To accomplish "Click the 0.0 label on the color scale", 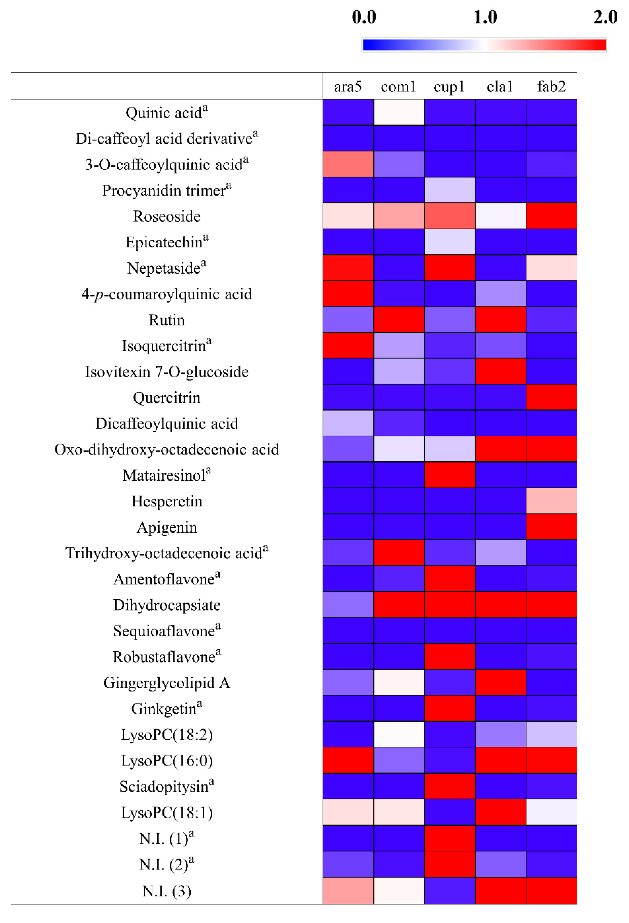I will tap(364, 17).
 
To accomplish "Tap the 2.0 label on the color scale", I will tap(605, 17).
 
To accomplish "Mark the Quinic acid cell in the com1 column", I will tap(398, 112).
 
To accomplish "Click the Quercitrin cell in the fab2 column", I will tap(551, 397).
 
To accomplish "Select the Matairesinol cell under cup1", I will tap(449, 475).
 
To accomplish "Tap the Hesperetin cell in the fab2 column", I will tap(551, 501).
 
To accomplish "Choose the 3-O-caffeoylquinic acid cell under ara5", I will tap(348, 164).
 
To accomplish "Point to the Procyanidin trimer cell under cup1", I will tap(449, 190).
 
